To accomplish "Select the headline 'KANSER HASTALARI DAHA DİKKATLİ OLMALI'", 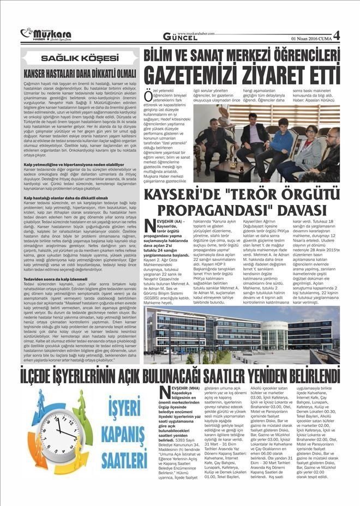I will click(x=80, y=71).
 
